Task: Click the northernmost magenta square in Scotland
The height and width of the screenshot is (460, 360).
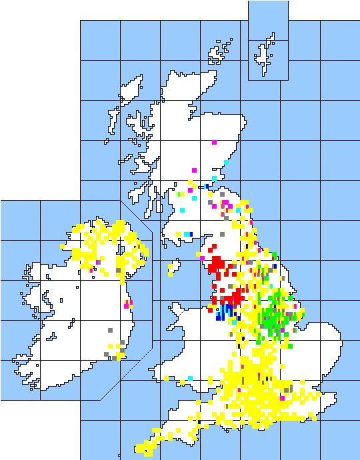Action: [x=214, y=142]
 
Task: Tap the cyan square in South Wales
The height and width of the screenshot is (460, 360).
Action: [x=191, y=378]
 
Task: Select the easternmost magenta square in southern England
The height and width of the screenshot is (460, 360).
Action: [x=283, y=398]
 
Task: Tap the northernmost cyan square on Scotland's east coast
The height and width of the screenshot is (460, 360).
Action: [x=227, y=162]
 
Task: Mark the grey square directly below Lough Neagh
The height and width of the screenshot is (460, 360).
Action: [x=119, y=270]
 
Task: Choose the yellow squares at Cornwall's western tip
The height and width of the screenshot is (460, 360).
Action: [x=141, y=449]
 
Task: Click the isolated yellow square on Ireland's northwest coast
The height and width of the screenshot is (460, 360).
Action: [x=63, y=246]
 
